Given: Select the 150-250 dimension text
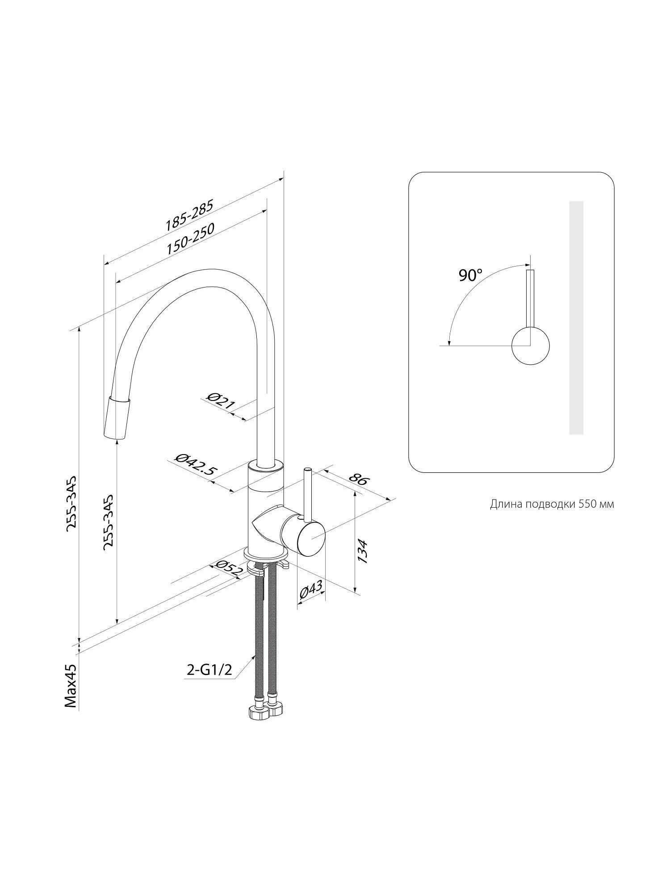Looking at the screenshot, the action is coord(191,238).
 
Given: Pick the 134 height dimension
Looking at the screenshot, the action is coord(362,551).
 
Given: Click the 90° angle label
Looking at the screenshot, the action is coord(471,275).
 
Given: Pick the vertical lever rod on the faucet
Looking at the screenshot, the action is coord(307,493).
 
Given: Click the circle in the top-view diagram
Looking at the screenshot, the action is coord(530,346).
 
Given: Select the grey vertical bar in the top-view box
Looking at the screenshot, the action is coord(576,317).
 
